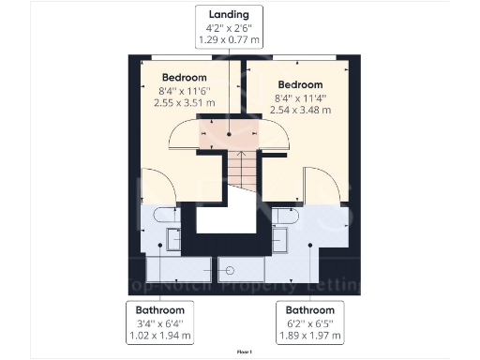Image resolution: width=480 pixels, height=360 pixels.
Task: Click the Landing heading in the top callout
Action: pos(230,16)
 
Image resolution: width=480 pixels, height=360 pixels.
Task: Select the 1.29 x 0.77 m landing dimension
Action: pos(230,42)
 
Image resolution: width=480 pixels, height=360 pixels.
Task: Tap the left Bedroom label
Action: pos(185,77)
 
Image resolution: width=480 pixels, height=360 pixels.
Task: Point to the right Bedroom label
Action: pos(300,84)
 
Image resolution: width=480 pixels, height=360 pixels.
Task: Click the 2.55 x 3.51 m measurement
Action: pos(185,103)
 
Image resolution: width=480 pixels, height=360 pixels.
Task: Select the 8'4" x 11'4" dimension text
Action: pos(300,97)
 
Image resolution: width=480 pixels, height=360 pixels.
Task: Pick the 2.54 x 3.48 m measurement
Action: pos(300,111)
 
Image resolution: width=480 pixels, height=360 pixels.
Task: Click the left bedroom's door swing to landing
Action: pos(184,138)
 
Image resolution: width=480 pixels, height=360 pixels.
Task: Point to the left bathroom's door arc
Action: pos(152,186)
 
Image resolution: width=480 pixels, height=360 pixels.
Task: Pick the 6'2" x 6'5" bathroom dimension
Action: pos(309,322)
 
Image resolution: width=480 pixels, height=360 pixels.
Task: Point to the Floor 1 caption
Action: pos(244,351)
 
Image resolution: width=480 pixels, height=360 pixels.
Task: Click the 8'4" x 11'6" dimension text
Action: pos(185,90)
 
